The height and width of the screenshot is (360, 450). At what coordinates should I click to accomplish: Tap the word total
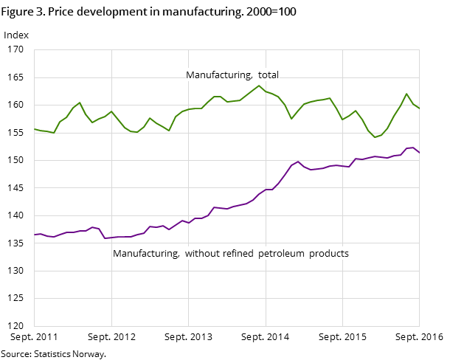pyautogui.click(x=268, y=75)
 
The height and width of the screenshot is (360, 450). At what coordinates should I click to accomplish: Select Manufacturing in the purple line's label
pyautogui.click(x=145, y=254)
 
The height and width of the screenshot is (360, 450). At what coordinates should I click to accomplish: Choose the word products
pyautogui.click(x=329, y=254)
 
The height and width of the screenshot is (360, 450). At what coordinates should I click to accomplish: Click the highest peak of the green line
pyautogui.click(x=259, y=86)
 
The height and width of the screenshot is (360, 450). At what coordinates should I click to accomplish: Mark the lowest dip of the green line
pyautogui.click(x=375, y=137)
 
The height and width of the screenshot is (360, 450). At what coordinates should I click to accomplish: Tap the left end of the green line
pyautogui.click(x=34, y=129)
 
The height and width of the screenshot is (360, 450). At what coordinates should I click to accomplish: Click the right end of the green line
pyautogui.click(x=419, y=108)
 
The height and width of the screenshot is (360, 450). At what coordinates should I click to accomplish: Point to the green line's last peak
pyautogui.click(x=406, y=94)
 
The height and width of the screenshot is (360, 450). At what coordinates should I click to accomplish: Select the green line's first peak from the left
pyautogui.click(x=80, y=103)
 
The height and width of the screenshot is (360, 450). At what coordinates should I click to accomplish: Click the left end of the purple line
pyautogui.click(x=34, y=235)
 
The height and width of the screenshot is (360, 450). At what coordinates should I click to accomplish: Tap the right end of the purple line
pyautogui.click(x=419, y=153)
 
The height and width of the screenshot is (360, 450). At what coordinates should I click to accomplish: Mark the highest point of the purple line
pyautogui.click(x=413, y=148)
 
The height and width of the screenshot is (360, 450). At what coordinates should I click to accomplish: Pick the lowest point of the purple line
pyautogui.click(x=105, y=238)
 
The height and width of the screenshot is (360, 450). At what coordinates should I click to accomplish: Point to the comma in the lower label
pyautogui.click(x=178, y=256)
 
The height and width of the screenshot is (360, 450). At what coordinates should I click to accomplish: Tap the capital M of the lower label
pyautogui.click(x=117, y=254)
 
